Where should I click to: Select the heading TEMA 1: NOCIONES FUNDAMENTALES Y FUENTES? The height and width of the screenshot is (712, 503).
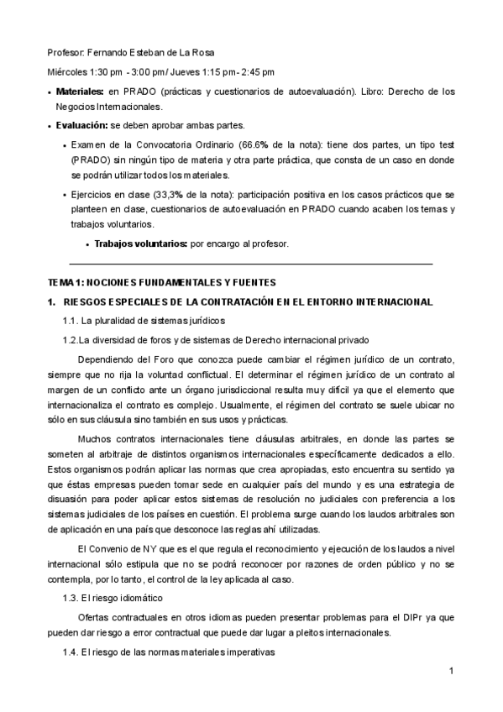tap(160, 282)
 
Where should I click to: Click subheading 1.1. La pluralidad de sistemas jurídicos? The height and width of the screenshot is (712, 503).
tap(143, 321)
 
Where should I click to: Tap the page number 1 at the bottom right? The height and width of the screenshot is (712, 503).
tap(451, 671)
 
